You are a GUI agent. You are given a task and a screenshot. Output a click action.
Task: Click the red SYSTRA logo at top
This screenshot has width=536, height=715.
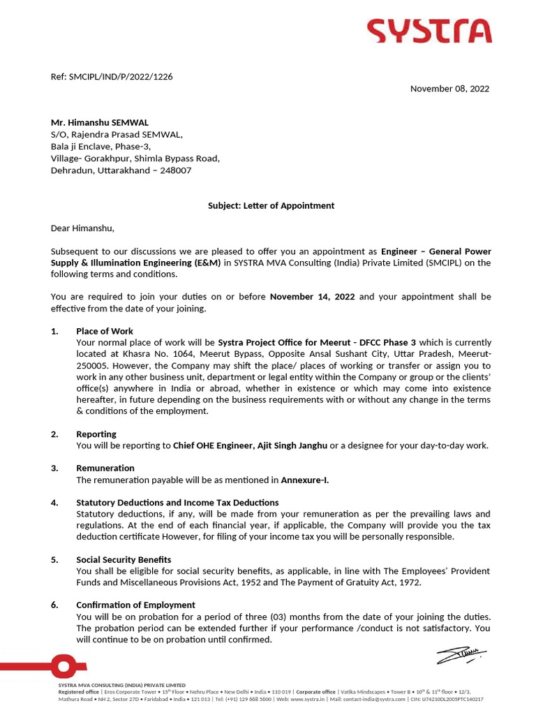click(x=429, y=31)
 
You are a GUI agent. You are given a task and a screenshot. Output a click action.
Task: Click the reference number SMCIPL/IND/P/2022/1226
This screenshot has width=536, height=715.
click(x=121, y=77)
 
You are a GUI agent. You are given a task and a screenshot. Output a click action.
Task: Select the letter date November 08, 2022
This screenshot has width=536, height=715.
click(x=449, y=89)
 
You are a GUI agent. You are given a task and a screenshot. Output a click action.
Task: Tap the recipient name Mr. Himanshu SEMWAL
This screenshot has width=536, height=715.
click(x=100, y=122)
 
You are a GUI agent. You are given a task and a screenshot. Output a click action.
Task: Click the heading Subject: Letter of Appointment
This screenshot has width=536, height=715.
click(x=271, y=205)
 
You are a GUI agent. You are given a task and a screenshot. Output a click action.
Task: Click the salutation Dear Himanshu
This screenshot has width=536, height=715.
click(x=82, y=228)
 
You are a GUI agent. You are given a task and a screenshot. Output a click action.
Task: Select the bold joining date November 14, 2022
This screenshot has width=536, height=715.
click(x=312, y=297)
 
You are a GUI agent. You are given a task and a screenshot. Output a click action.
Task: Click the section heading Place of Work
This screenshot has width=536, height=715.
click(x=105, y=331)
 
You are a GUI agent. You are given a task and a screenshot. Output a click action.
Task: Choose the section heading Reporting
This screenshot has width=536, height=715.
click(x=96, y=434)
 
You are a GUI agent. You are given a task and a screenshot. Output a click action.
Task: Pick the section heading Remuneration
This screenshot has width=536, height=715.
click(x=105, y=468)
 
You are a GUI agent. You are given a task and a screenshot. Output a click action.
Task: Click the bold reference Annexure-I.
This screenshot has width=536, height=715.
click(x=304, y=480)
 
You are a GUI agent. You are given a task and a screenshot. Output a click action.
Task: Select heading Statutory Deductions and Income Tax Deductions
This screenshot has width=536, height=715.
click(x=177, y=502)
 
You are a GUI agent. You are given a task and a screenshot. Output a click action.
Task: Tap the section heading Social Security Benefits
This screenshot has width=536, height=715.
click(x=124, y=560)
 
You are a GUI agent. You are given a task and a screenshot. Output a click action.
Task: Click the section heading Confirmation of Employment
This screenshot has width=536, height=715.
click(x=135, y=605)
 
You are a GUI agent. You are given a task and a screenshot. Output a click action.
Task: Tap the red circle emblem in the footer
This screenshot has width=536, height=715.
click(x=63, y=665)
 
